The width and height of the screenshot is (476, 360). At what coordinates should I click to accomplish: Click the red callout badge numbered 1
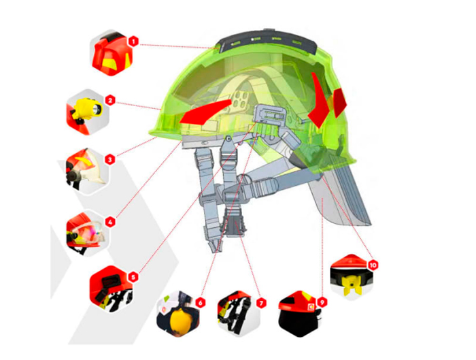(133, 41)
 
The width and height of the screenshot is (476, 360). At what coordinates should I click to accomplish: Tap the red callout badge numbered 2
(110, 100)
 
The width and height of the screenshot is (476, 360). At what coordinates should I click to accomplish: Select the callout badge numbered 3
(110, 159)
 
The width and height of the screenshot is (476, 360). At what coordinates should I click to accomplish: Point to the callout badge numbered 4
(110, 222)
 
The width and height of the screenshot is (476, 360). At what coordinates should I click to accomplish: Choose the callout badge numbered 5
(133, 277)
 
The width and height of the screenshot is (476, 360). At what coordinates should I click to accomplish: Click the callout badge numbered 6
(200, 302)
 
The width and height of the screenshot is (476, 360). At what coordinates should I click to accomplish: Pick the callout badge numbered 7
(261, 303)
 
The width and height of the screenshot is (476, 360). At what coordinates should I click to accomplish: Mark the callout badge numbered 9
(322, 302)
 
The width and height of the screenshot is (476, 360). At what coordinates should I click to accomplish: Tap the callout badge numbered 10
(373, 265)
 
